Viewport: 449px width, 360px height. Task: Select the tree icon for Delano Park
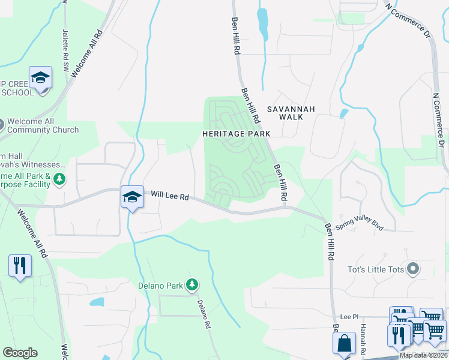[x=192, y=284]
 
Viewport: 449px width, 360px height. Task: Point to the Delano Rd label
[x=204, y=313]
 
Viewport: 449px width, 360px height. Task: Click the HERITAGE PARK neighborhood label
[x=236, y=133]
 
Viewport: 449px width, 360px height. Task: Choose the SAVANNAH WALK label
[x=291, y=114]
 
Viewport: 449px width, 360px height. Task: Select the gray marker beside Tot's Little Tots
[x=412, y=269]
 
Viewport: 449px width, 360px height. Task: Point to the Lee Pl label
[x=349, y=316]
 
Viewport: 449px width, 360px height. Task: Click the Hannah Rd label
[x=363, y=338]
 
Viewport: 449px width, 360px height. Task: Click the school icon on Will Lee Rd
[x=132, y=196]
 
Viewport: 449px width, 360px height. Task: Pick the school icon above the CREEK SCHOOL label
[x=40, y=77]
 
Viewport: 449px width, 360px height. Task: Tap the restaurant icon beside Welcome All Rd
[x=20, y=265]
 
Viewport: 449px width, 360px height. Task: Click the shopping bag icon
[x=345, y=344]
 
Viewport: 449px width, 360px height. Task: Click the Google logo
[x=20, y=353]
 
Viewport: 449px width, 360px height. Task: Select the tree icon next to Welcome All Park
[x=59, y=179]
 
